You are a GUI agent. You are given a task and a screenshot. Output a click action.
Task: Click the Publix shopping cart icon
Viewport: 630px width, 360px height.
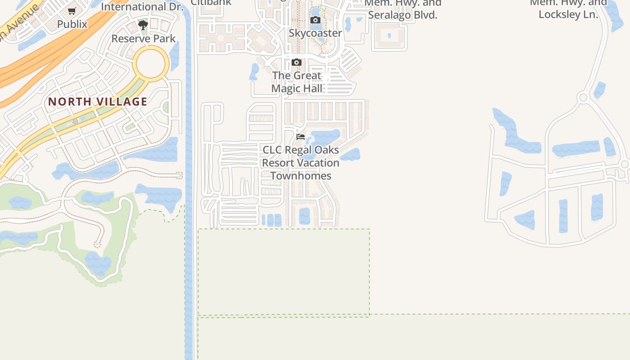pos(72,11)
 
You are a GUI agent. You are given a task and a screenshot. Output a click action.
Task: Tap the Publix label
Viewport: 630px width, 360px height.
pos(72,24)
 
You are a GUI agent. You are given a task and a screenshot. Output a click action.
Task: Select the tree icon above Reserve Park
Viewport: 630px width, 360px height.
pos(143,25)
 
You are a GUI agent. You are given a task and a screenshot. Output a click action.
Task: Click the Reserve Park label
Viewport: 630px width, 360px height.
pos(144,39)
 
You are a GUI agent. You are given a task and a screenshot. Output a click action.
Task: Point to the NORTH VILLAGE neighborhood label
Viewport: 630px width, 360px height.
pos(98,102)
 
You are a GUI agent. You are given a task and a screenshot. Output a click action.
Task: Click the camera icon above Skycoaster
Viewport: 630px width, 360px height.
pos(315,20)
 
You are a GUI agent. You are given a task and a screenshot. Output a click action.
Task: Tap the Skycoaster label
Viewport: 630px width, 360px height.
pos(315,33)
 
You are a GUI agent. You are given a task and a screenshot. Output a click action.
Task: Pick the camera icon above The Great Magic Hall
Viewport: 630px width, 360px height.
pos(296,62)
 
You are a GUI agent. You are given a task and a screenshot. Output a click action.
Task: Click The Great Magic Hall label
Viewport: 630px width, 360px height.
pos(297,82)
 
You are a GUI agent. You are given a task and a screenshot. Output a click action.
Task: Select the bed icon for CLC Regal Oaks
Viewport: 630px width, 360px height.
pos(301,136)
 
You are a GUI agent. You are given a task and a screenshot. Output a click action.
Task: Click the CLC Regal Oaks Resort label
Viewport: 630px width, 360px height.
pos(301,162)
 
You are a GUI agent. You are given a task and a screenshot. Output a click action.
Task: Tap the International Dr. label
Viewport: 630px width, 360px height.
pos(142,7)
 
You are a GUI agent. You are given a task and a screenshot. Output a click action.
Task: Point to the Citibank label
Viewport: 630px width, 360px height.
pos(211,2)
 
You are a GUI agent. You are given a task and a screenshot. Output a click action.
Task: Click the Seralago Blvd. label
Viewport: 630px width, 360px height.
pos(403,15)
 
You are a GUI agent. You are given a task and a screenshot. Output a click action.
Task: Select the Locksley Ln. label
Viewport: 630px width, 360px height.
pos(568,14)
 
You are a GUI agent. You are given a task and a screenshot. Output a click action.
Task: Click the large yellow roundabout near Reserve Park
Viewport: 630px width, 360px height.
pos(151,64)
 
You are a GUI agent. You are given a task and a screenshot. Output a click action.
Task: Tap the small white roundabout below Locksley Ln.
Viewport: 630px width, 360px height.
pos(583,97)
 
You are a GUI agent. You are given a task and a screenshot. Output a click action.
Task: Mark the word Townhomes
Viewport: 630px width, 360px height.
pos(301,176)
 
